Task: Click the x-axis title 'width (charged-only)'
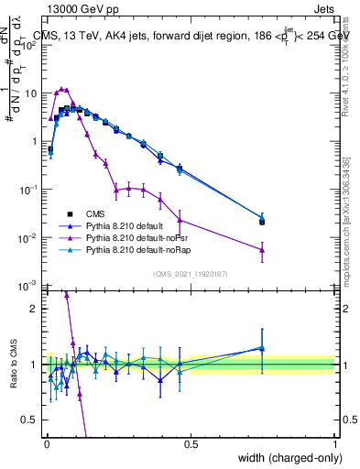[286, 459]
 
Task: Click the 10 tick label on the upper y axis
[31, 93]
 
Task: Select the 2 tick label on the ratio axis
[35, 309]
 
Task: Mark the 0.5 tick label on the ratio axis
[31, 420]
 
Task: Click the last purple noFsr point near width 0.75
[262, 249]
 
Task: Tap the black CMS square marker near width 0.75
[262, 221]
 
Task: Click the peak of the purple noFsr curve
[61, 89]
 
